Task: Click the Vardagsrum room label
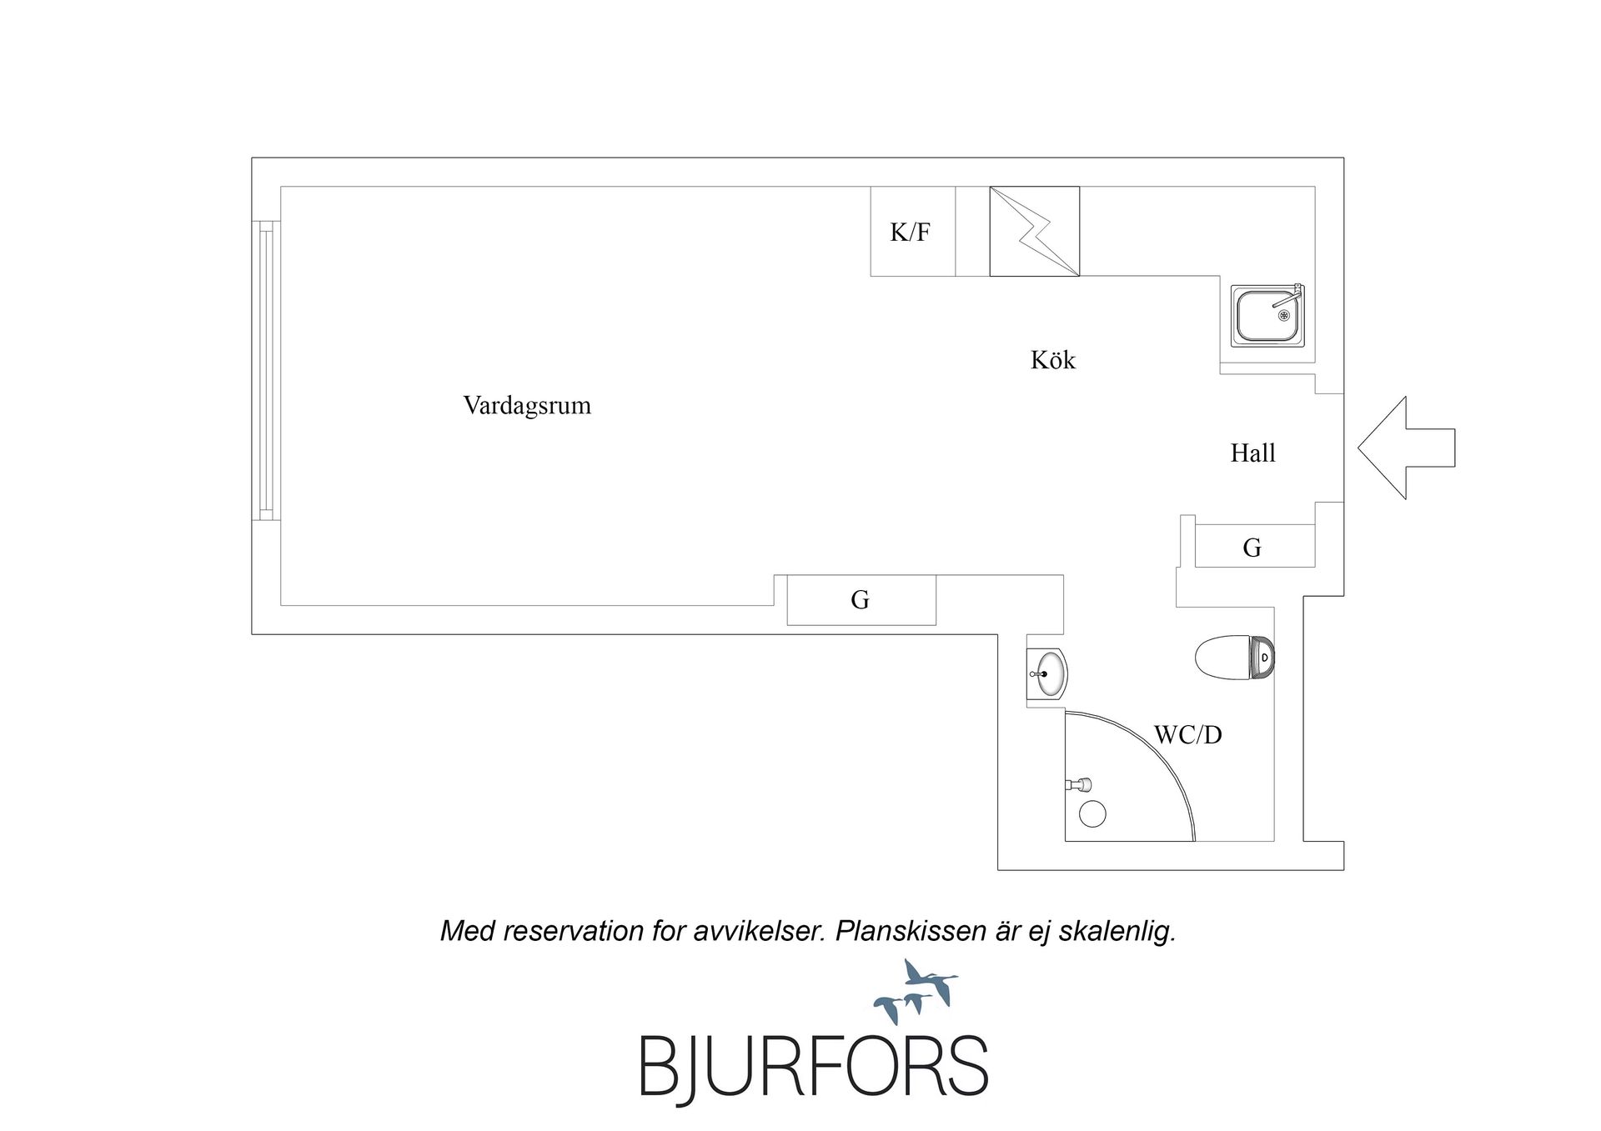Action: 527,406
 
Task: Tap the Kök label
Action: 1053,360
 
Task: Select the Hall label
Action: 1253,453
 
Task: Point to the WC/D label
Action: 1187,735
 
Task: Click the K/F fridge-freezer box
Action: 913,232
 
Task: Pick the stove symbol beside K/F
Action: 1035,232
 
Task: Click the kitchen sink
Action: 1267,316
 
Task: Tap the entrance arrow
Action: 1407,448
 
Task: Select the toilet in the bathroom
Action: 1235,658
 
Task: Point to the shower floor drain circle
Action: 1092,814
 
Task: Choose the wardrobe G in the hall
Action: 1255,546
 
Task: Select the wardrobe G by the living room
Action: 861,600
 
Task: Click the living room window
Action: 266,371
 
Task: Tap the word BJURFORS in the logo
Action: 814,1067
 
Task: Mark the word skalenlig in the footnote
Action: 1117,932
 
